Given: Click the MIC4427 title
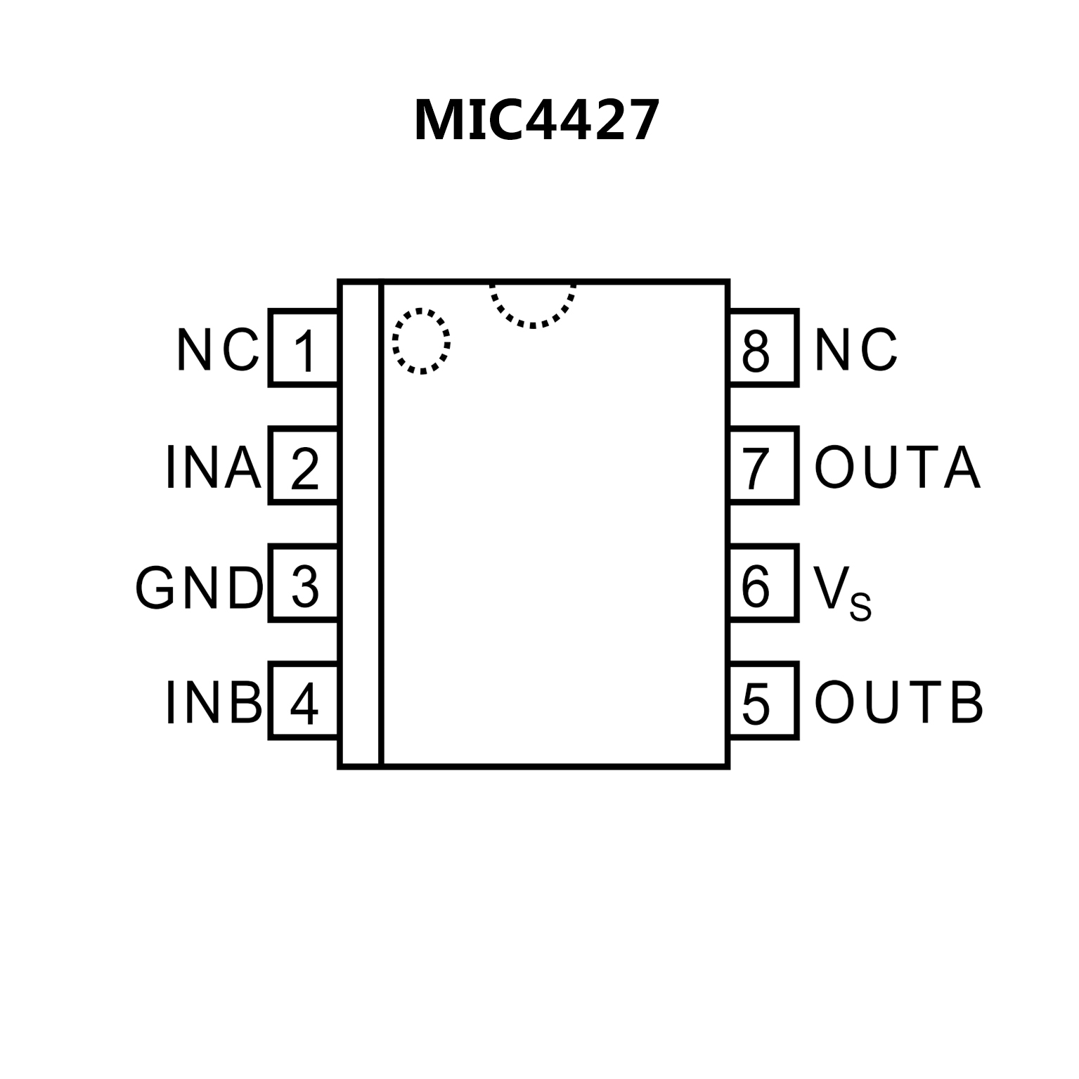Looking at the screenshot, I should coord(537,120).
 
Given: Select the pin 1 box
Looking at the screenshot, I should coord(304,348).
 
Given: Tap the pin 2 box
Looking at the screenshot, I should coord(304,465).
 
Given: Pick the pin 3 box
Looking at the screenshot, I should coord(304,583).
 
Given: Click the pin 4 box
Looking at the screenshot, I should coord(304,701).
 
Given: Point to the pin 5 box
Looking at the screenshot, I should coord(763,701).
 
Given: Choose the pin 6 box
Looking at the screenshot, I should coord(763,583).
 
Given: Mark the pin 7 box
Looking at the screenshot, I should coord(763,465).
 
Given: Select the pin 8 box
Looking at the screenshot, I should coord(763,348).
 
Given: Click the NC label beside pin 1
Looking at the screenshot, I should coord(217,350).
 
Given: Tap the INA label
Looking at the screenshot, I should coord(213,467).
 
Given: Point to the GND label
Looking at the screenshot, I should coord(199,588).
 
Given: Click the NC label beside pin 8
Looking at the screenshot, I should coord(855,350).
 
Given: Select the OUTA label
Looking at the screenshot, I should coord(897,467).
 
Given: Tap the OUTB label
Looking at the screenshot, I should coord(898,702).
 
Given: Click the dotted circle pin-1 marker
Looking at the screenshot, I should coord(421,341).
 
